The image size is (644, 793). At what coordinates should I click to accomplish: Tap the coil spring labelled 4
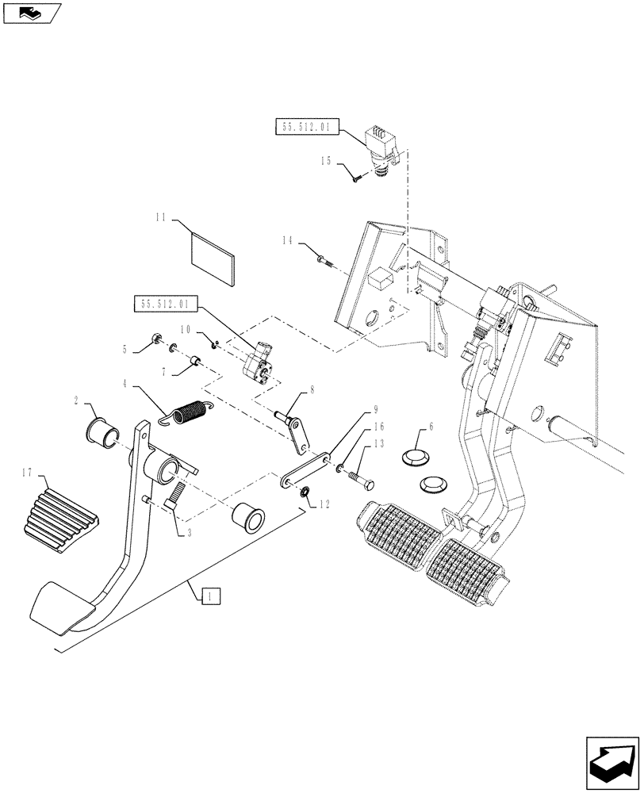[191, 413]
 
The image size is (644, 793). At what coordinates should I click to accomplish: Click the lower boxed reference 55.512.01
[163, 303]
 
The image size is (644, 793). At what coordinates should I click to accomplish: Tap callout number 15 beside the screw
[326, 161]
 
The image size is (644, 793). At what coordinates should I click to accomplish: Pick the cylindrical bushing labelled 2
[102, 432]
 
